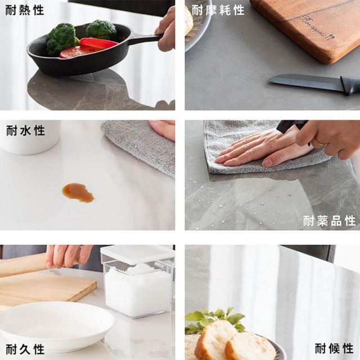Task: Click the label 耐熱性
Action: (25, 10)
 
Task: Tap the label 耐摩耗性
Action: (218, 10)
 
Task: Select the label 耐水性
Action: (25, 131)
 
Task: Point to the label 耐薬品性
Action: (329, 220)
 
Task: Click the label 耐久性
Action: (25, 349)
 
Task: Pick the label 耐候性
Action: (334, 348)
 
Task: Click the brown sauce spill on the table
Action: (78, 192)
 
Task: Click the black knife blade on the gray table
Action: (304, 82)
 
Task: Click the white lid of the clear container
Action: (137, 254)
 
